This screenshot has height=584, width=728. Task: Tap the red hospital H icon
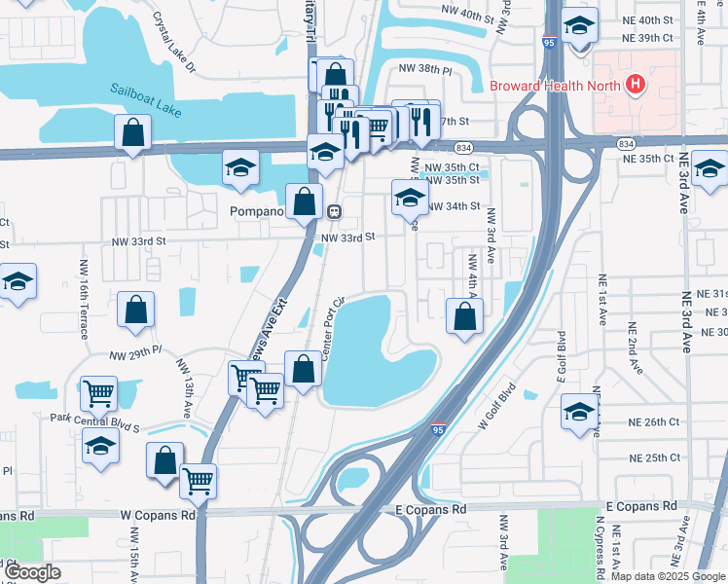(636, 85)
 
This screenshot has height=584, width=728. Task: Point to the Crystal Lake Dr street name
(174, 44)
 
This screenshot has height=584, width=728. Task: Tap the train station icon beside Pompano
(333, 210)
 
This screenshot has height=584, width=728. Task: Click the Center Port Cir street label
(334, 326)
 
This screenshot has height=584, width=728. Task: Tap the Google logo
(33, 572)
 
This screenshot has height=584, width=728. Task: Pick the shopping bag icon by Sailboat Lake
(132, 133)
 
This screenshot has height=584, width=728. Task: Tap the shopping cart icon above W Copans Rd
(199, 480)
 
